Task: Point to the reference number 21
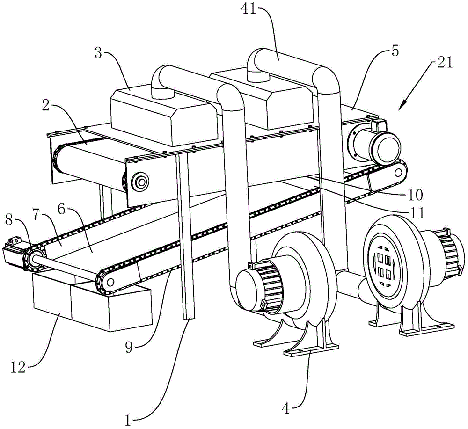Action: click(444, 62)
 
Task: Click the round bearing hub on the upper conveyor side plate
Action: click(139, 181)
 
